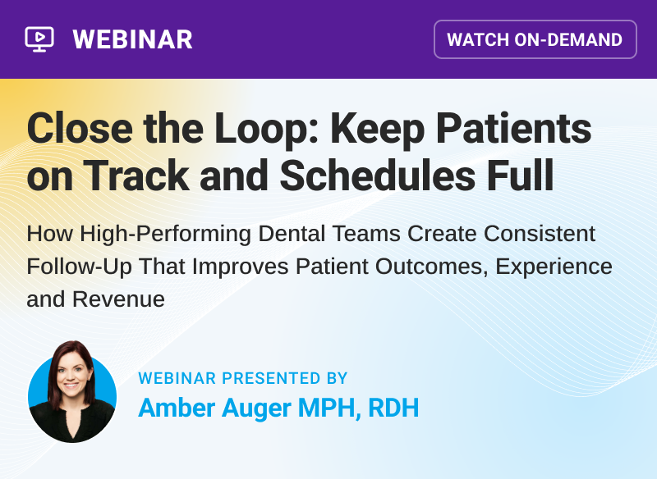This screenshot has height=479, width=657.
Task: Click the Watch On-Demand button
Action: pyautogui.click(x=535, y=39)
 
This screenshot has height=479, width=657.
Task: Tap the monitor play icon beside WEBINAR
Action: pyautogui.click(x=39, y=39)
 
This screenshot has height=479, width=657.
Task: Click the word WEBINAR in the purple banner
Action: pyautogui.click(x=132, y=39)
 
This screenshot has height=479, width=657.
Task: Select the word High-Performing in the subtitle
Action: pyautogui.click(x=163, y=234)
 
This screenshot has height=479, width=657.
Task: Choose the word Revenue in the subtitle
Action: pyautogui.click(x=118, y=299)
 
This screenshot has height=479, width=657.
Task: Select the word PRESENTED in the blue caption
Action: pyautogui.click(x=273, y=378)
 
